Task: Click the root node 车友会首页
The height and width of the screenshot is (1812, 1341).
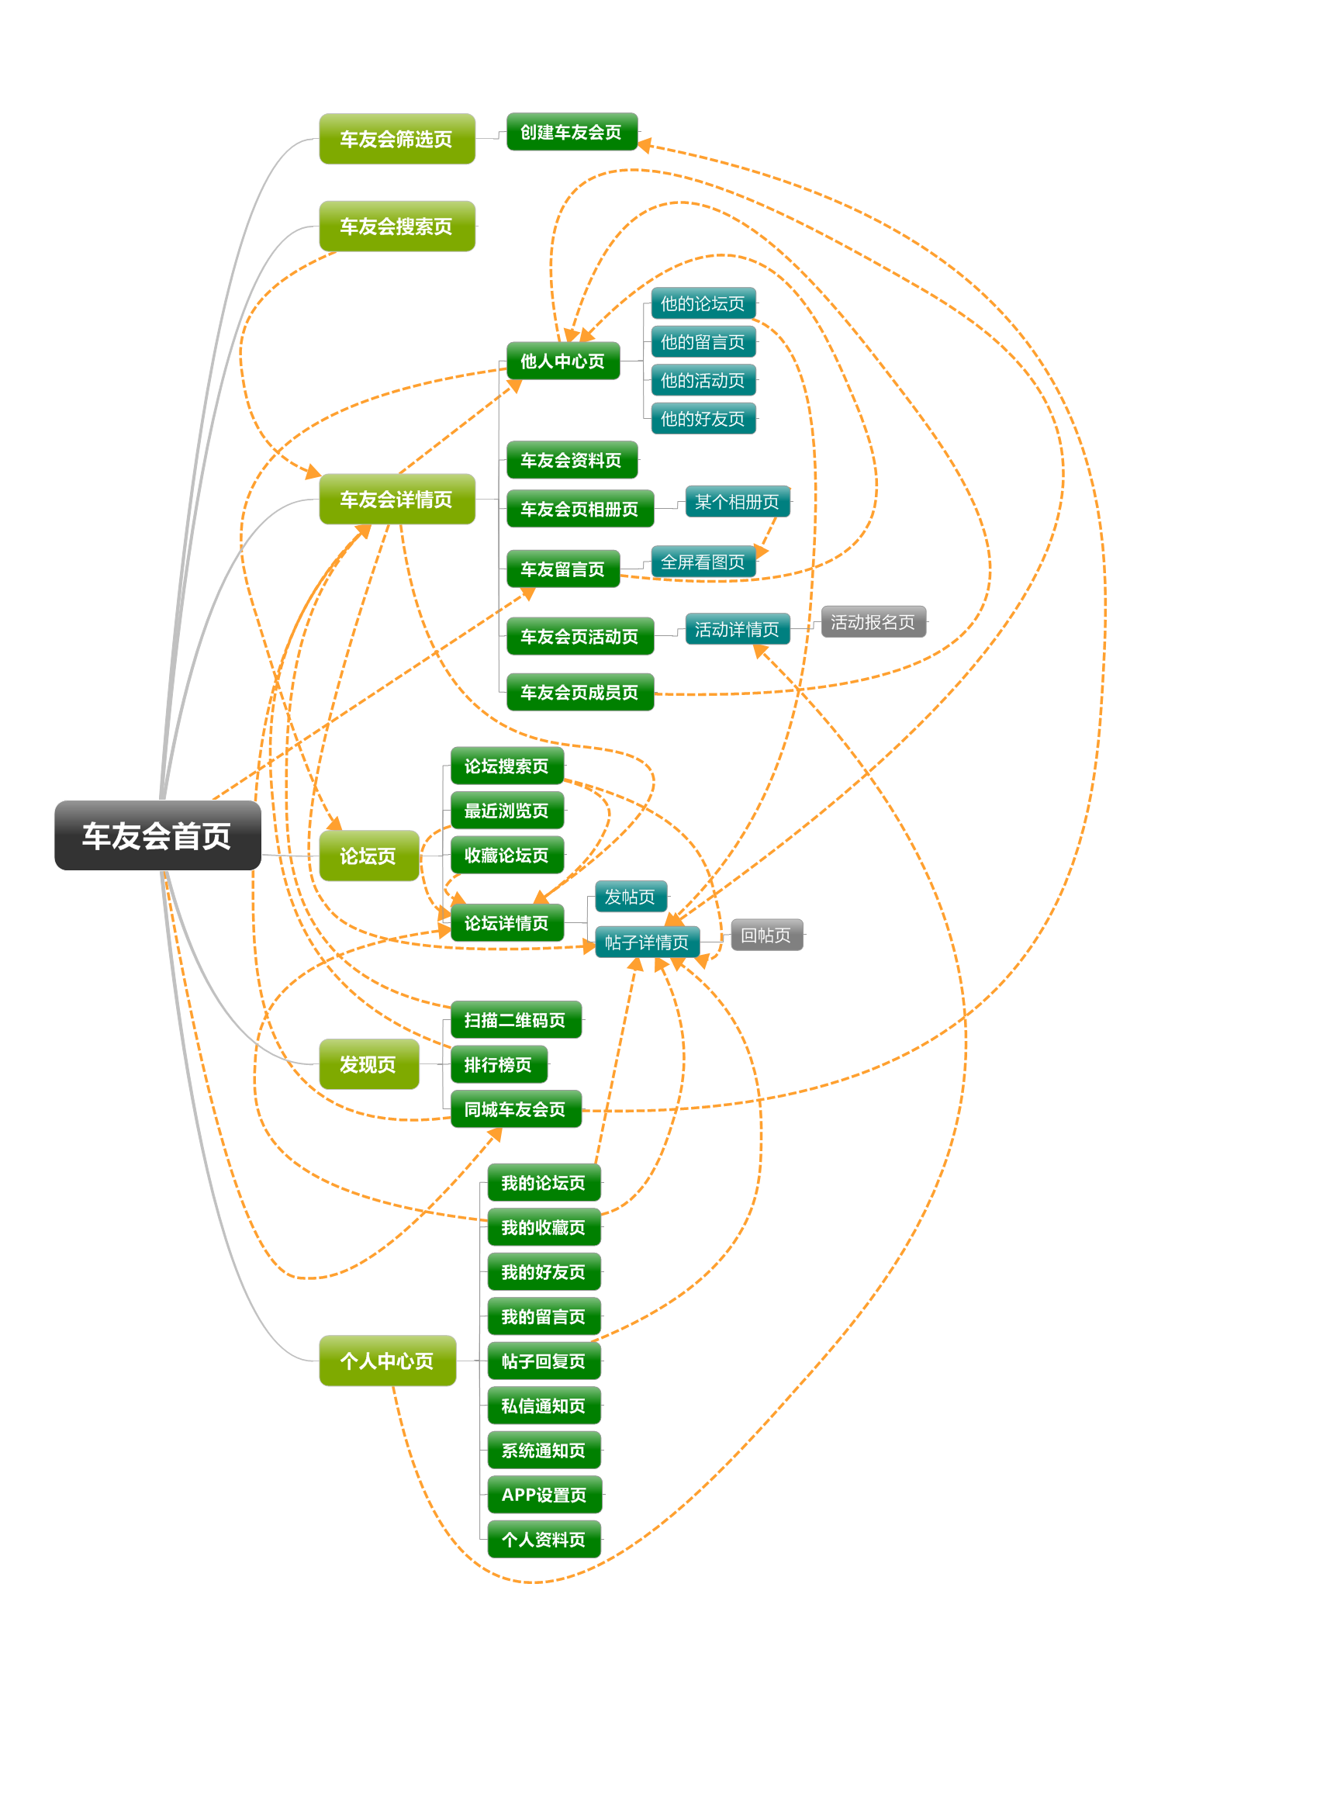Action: coord(157,835)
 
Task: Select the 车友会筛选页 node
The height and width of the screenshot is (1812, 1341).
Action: coord(396,139)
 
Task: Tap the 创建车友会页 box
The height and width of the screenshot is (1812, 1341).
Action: coord(572,132)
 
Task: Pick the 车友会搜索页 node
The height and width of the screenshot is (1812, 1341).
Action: coord(396,226)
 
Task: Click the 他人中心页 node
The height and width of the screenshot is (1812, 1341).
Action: coord(562,361)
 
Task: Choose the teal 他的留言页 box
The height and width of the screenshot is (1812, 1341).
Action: coord(703,342)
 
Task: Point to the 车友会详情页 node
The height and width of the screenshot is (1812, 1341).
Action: coord(396,500)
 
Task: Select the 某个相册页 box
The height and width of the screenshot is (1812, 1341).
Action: coord(737,502)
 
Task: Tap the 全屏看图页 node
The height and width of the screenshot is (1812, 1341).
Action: coord(703,562)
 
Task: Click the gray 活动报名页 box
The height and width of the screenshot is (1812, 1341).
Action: coord(873,622)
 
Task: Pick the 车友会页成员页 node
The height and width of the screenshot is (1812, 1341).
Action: coord(579,692)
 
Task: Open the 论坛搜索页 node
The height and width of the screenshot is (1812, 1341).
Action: coord(506,766)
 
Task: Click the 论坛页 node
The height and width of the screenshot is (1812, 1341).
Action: coord(368,856)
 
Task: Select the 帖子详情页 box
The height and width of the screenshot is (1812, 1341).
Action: coord(647,942)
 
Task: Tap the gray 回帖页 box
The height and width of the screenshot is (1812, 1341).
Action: coord(766,935)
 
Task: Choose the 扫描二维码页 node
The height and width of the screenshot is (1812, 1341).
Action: coord(516,1020)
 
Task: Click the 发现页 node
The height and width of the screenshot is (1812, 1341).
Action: coord(368,1064)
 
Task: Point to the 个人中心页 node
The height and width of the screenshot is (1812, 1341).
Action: coord(387,1361)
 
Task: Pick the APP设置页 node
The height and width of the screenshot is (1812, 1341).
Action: coord(544,1495)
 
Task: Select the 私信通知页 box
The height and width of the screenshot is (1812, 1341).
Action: coord(544,1406)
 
